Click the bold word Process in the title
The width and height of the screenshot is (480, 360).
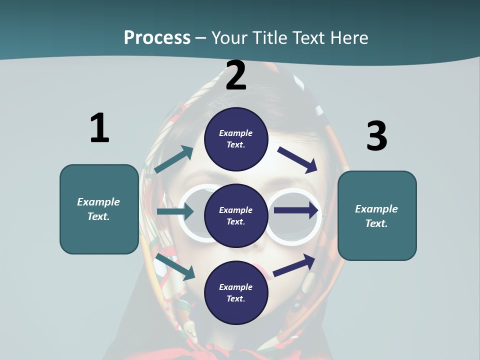[x=157, y=37]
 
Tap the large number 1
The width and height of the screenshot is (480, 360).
[x=99, y=128]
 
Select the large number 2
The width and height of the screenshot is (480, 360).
[x=236, y=75]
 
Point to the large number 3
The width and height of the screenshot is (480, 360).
[x=376, y=136]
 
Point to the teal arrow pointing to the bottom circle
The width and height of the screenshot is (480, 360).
[x=175, y=267]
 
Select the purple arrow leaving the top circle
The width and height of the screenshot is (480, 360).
[x=297, y=159]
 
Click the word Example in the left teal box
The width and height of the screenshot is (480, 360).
[x=98, y=202]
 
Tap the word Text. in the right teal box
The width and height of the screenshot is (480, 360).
[x=376, y=223]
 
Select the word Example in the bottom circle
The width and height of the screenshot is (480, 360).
[x=236, y=287]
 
